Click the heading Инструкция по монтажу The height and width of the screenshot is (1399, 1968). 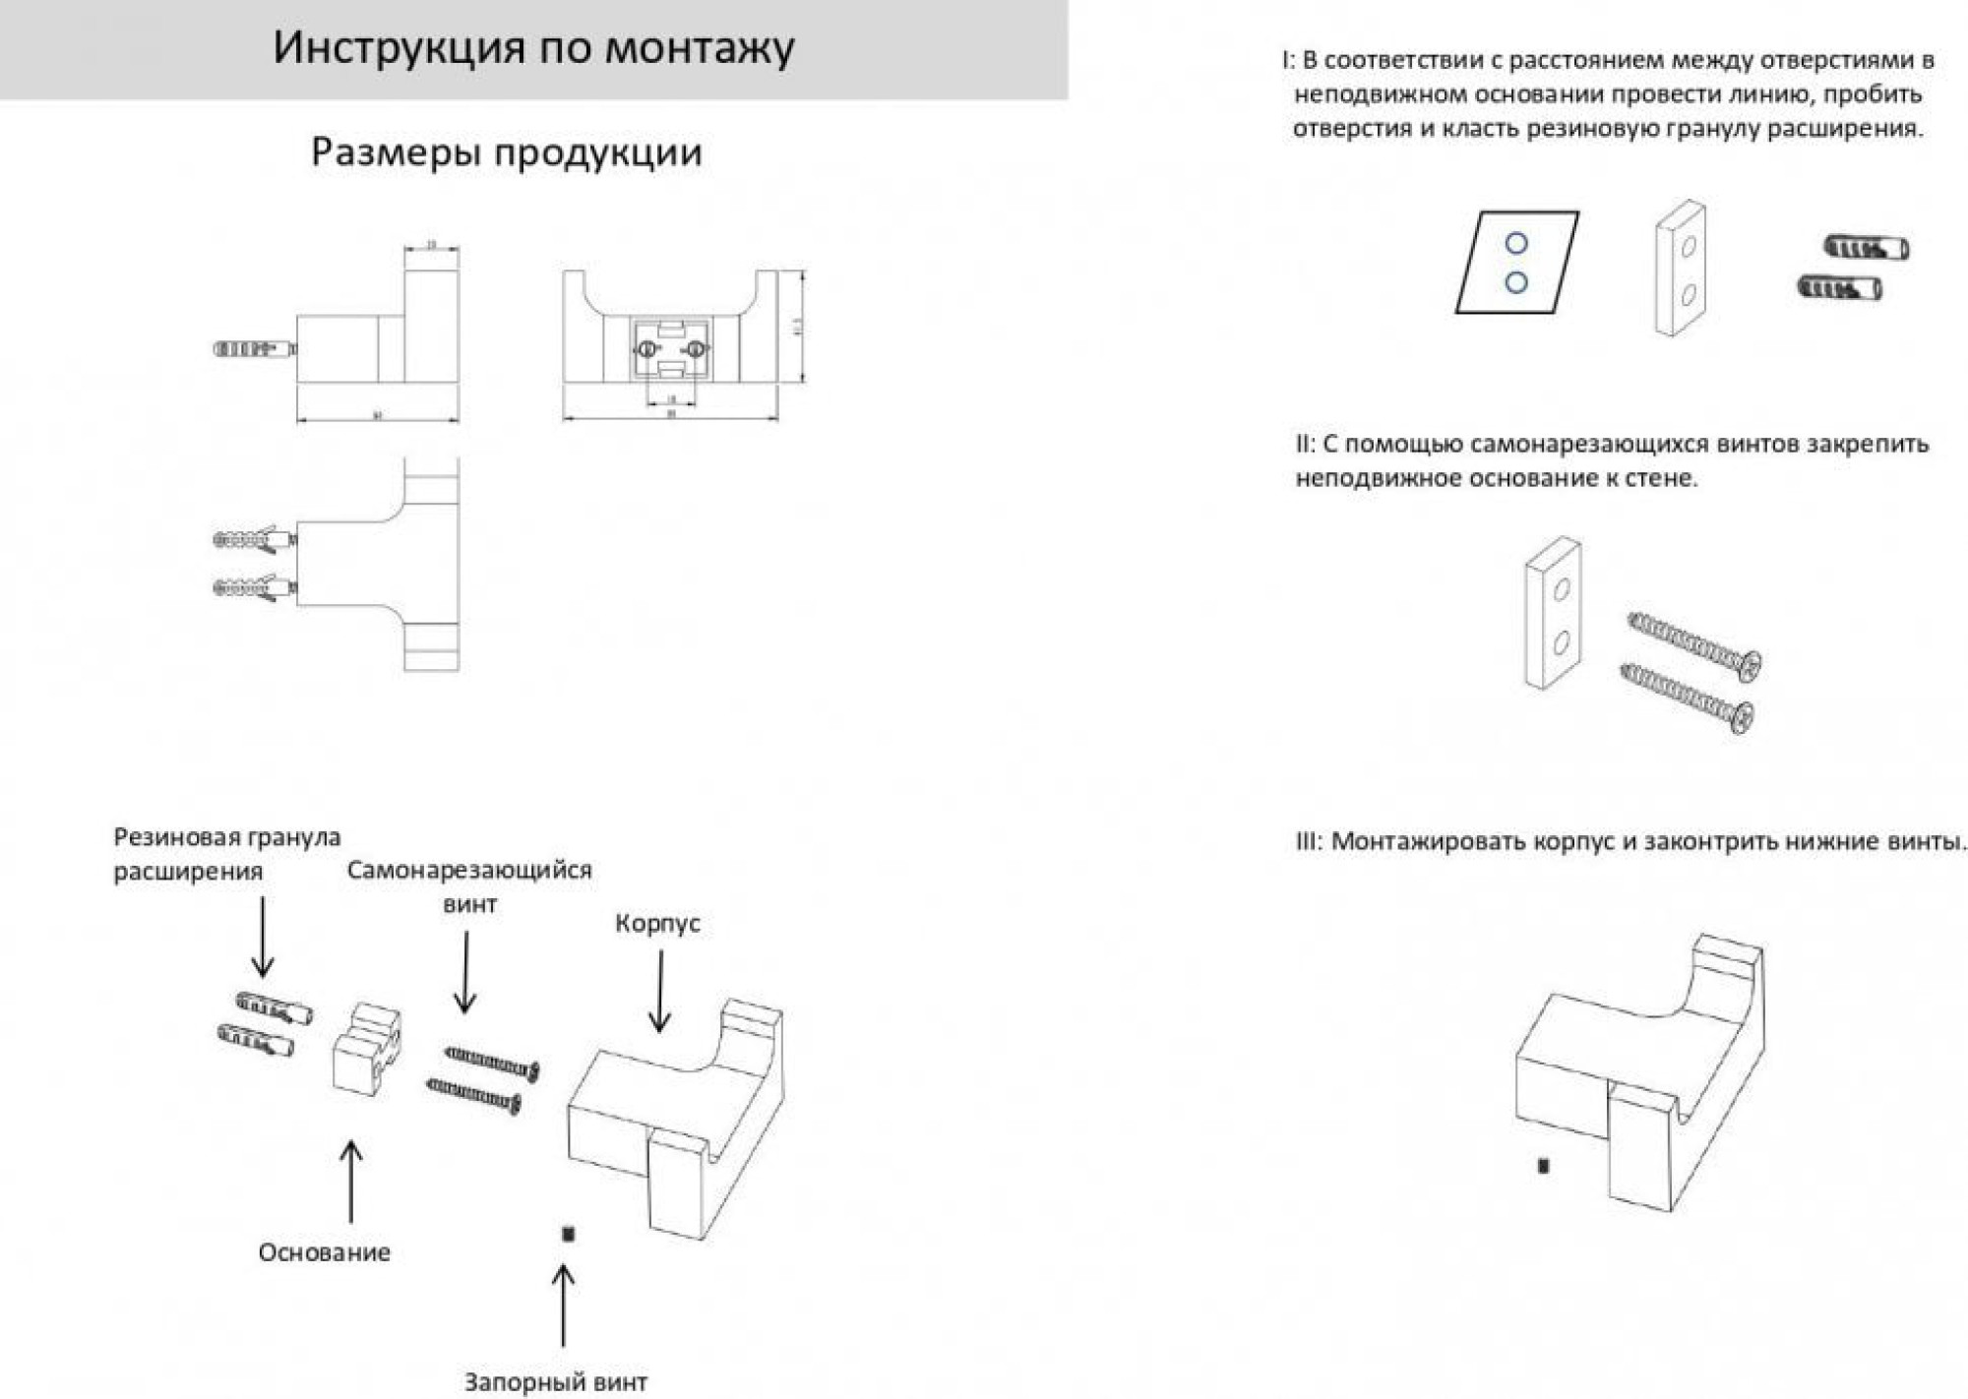pos(533,47)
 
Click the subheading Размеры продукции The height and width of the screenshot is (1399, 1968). pos(506,152)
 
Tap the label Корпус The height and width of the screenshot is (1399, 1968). pos(657,923)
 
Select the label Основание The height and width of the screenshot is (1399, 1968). pos(324,1251)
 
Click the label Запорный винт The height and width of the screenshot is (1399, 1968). pos(555,1381)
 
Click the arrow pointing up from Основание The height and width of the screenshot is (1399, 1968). pos(350,1181)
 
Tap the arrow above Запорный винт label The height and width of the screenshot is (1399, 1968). pos(563,1304)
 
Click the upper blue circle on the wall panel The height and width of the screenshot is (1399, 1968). pos(1516,243)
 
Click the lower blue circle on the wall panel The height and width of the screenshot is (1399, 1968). pos(1516,282)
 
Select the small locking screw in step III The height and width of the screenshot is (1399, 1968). pos(1543,1166)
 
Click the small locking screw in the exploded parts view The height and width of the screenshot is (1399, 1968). pos(568,1233)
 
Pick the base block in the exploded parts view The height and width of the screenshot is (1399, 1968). pos(365,1050)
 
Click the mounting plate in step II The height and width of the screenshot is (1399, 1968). pos(1554,612)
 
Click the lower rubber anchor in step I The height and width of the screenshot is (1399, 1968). pos(1839,288)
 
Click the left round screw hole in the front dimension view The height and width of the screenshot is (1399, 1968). pos(647,349)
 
